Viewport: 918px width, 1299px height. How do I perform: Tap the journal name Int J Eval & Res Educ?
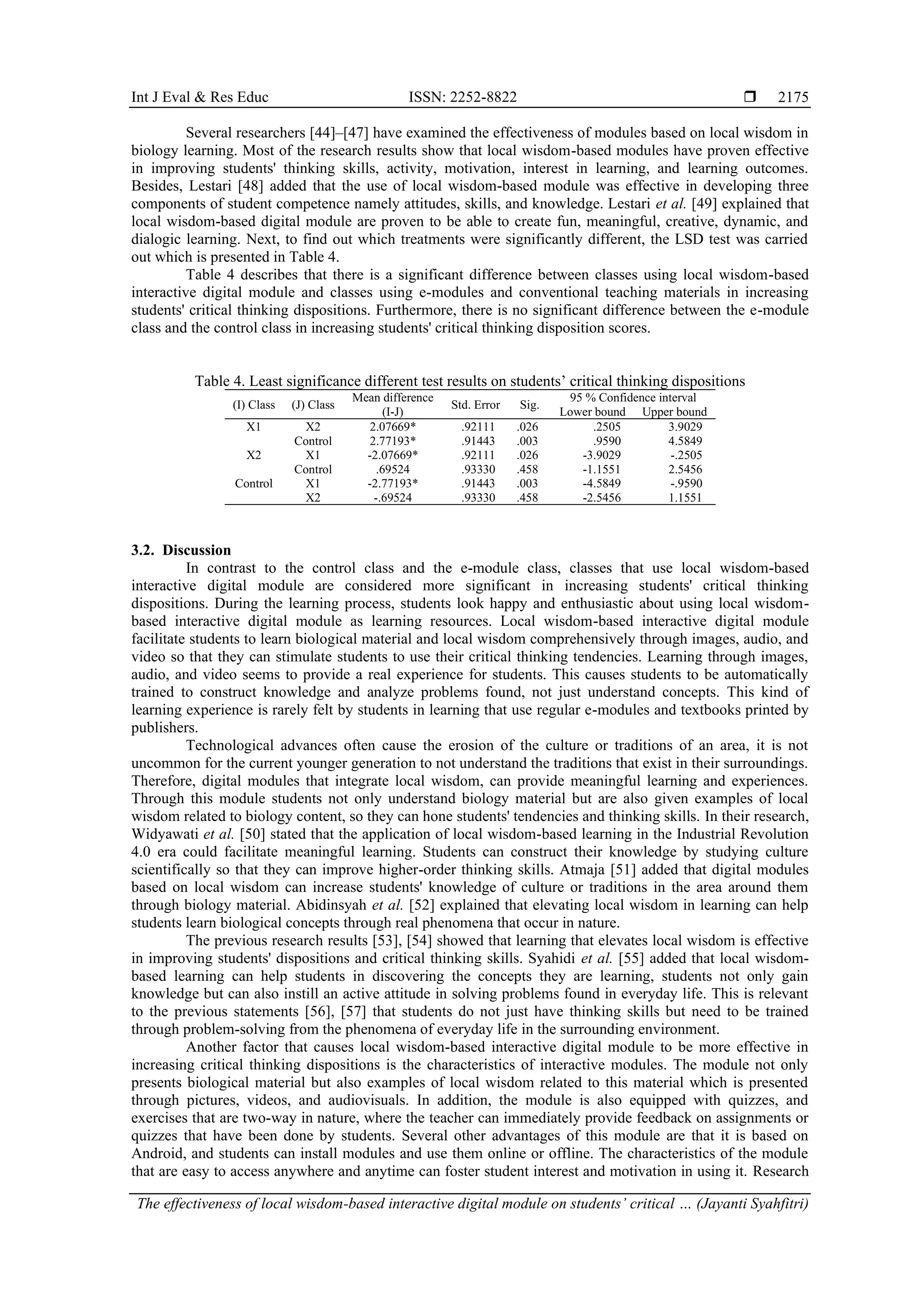click(x=199, y=97)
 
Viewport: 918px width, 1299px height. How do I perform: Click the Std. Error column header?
click(x=475, y=404)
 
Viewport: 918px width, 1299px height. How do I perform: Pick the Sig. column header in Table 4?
click(x=529, y=404)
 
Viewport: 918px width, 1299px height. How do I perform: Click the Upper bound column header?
click(x=674, y=412)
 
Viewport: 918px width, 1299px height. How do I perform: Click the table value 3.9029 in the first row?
click(x=685, y=426)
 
